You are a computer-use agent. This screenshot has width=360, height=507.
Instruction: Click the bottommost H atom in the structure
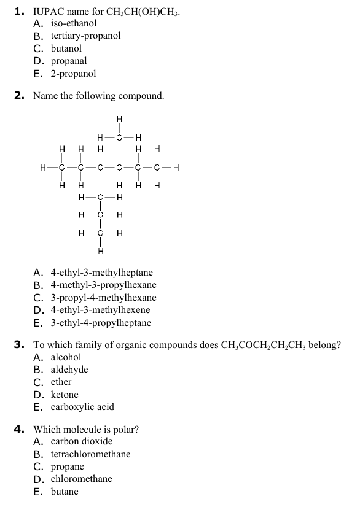(100, 250)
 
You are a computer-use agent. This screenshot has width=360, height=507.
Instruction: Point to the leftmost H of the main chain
(42, 166)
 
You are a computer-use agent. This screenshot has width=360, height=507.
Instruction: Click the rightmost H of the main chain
(176, 166)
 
